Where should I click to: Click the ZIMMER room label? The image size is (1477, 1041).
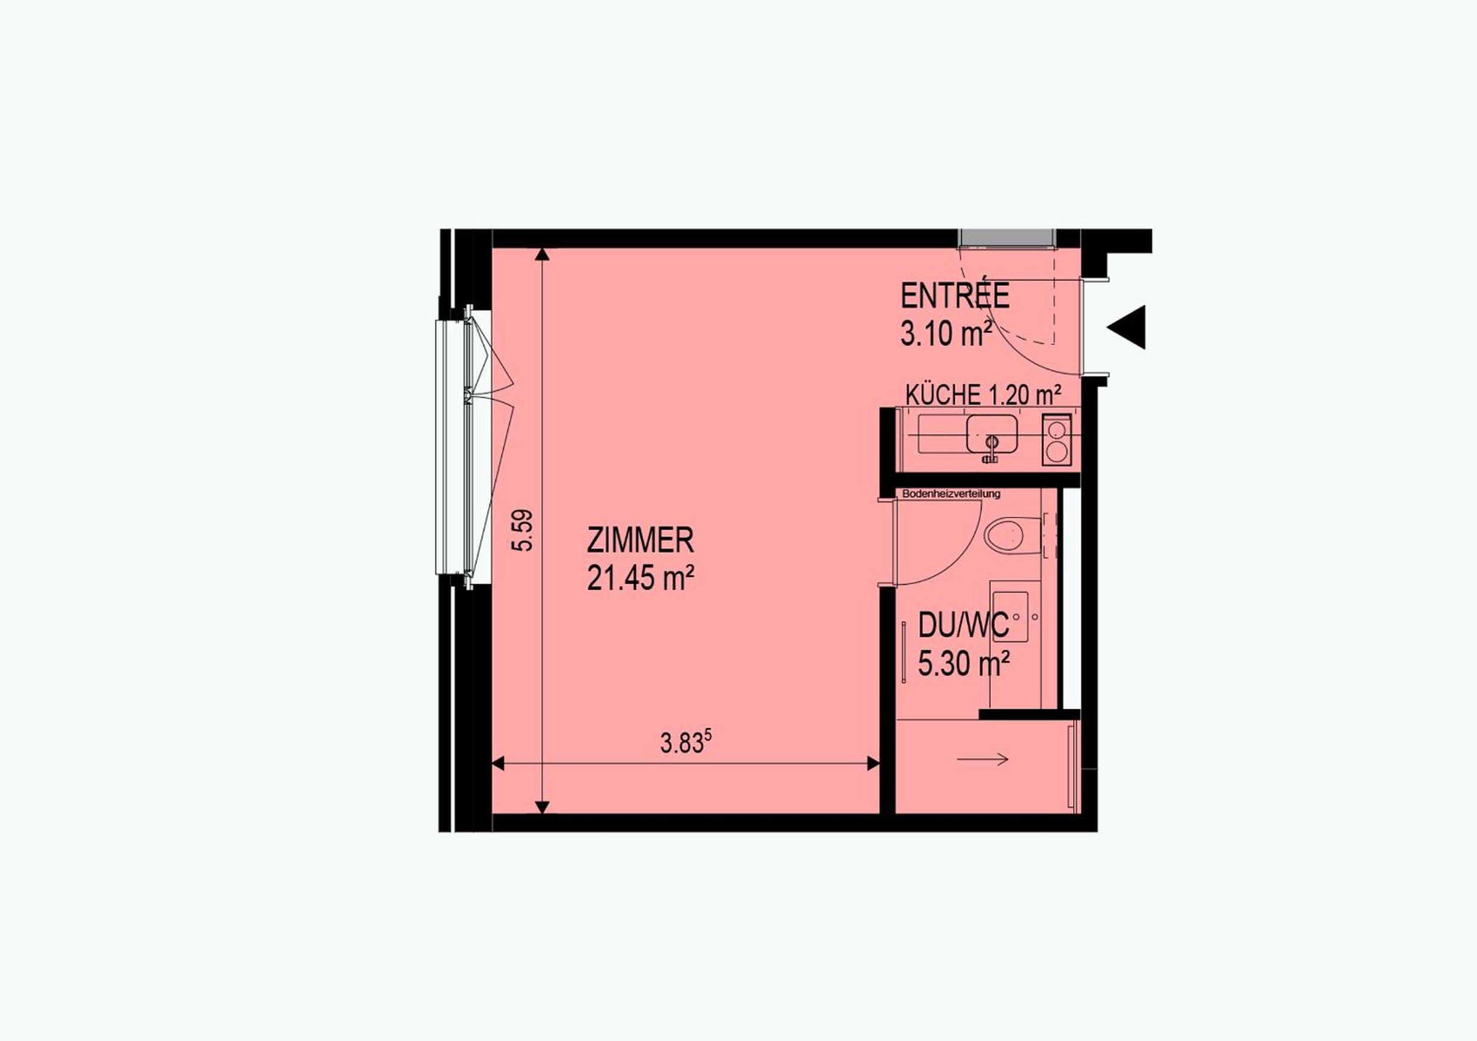pos(640,540)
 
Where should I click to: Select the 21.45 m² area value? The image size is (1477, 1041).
pos(640,578)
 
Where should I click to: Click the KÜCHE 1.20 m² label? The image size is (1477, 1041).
pos(983,394)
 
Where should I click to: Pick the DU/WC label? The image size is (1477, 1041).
pos(964,625)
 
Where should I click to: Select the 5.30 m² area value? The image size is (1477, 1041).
pos(963,663)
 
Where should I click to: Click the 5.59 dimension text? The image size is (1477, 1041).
pos(522,530)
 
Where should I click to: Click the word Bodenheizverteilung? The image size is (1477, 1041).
pos(952,494)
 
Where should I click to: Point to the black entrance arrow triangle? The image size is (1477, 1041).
pos(1126,327)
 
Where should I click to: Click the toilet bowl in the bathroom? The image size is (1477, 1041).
pos(1005,535)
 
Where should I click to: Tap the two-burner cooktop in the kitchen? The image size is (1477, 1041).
pos(1057,440)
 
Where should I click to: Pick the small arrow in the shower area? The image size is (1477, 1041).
pos(982,760)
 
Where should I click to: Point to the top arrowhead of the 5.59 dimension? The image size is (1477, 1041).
pos(543,254)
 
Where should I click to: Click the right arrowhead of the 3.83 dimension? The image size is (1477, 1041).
pos(873,763)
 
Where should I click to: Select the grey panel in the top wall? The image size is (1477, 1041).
pos(1007,238)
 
